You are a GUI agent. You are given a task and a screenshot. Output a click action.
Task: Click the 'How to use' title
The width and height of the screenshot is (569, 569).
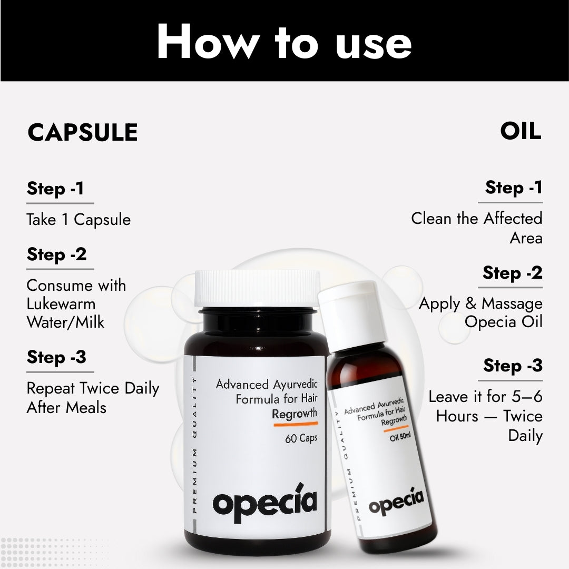coord(284,42)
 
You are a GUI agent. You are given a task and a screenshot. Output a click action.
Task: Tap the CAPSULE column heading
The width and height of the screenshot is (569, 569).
coord(83,132)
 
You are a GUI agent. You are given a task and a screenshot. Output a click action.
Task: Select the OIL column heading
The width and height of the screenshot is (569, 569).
coord(521,132)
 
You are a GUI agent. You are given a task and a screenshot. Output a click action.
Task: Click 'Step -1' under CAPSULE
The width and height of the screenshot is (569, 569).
coord(55,189)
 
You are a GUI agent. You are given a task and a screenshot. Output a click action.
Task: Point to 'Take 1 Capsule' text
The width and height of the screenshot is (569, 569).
coord(79,220)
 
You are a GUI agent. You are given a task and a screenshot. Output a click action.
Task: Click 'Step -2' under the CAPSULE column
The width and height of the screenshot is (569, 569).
coord(56,255)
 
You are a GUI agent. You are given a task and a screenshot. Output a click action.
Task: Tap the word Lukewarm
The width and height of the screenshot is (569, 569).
coord(61,304)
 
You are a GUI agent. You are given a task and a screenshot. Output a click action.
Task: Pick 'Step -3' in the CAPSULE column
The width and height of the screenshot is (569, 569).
coord(56,358)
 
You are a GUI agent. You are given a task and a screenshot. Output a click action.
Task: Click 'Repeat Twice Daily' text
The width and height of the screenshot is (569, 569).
coord(93,389)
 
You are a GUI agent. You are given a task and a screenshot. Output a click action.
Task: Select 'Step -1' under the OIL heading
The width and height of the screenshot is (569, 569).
coord(514,188)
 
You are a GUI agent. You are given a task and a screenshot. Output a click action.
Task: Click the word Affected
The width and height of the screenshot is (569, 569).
coord(513,219)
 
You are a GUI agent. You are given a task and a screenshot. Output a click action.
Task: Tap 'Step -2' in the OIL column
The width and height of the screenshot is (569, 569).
coord(512,273)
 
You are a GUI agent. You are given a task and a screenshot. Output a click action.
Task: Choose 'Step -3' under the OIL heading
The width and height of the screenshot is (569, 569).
coord(513,366)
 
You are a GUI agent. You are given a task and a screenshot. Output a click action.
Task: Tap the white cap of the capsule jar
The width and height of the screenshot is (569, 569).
coord(257,288)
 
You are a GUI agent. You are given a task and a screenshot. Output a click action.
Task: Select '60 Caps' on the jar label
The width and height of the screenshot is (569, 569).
coord(301,438)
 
